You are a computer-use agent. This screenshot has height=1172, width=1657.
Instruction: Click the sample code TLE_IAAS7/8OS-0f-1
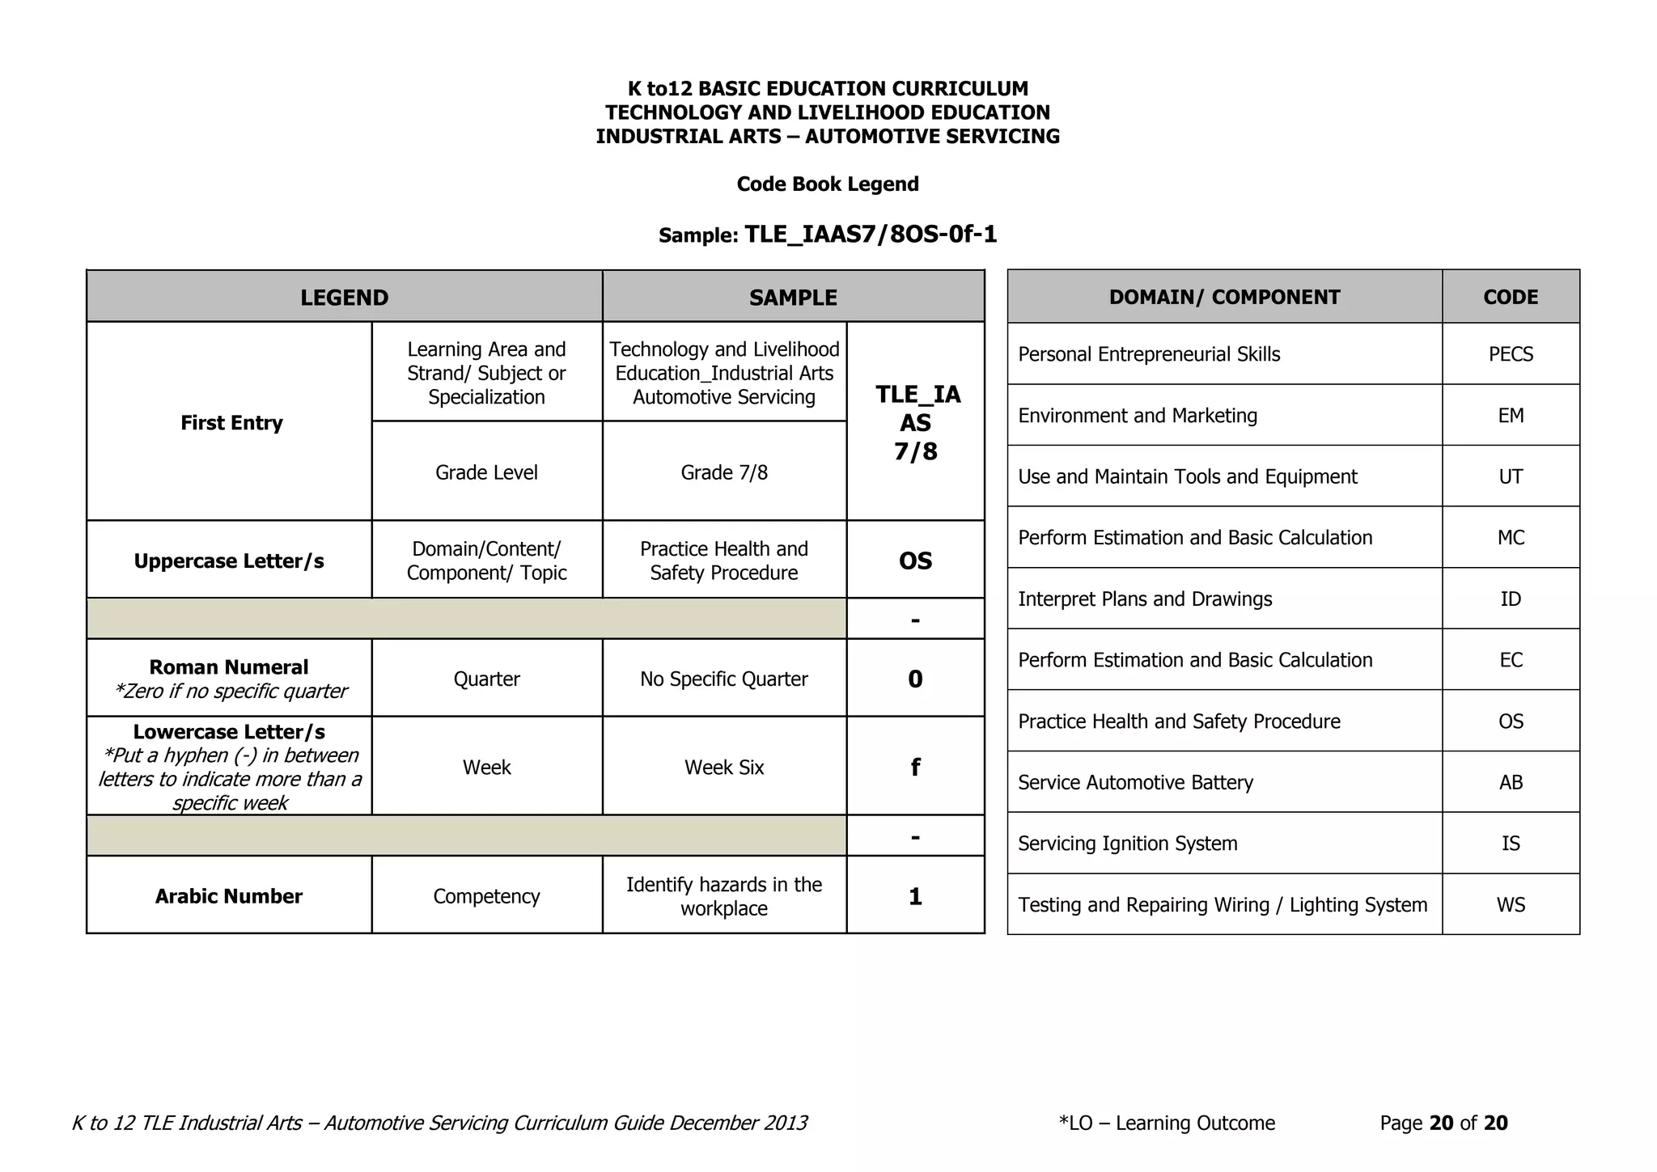(x=870, y=235)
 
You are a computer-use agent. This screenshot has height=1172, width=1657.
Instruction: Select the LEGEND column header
(x=345, y=298)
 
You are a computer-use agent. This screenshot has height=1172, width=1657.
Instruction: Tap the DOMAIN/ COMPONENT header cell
(x=1224, y=297)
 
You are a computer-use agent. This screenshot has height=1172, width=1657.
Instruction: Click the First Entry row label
(x=231, y=423)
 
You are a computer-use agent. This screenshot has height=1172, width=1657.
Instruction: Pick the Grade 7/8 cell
(x=724, y=472)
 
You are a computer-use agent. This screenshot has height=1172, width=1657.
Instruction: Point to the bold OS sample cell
(x=915, y=561)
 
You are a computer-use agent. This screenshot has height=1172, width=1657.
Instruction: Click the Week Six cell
(x=724, y=767)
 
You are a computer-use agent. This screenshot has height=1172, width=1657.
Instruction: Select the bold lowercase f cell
(x=915, y=767)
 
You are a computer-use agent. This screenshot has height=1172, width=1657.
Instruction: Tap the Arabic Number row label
(x=229, y=896)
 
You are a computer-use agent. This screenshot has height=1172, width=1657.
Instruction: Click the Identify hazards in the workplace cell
(x=724, y=896)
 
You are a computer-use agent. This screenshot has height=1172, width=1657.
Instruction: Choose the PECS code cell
(x=1511, y=354)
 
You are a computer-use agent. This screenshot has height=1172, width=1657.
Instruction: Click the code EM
(x=1511, y=416)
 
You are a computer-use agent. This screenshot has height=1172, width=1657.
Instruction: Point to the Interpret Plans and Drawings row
(x=1145, y=599)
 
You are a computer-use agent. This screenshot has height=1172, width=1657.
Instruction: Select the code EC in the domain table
(x=1511, y=660)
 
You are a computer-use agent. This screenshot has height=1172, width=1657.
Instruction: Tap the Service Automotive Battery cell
(x=1135, y=783)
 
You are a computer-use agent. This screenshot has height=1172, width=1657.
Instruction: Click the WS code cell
(x=1511, y=905)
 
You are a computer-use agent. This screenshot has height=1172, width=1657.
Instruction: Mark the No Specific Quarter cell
(x=724, y=679)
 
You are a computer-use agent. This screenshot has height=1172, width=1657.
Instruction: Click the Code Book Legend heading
(x=828, y=184)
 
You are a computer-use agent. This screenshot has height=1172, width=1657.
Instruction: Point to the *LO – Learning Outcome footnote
(x=1167, y=1123)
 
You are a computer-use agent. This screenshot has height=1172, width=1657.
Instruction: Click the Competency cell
(x=486, y=896)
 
